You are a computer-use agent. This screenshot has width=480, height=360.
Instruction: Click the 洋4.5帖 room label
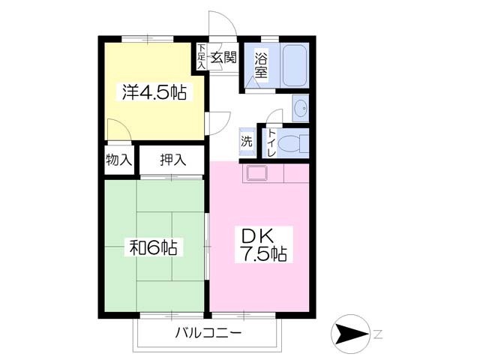pyautogui.click(x=154, y=93)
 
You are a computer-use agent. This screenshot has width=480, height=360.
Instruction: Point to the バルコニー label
pyautogui.click(x=208, y=332)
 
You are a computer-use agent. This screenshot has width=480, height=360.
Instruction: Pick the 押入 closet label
pyautogui.click(x=172, y=159)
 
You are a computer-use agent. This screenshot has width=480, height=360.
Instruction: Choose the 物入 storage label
pyautogui.click(x=118, y=159)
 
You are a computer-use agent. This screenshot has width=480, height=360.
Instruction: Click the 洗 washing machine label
pyautogui.click(x=246, y=139)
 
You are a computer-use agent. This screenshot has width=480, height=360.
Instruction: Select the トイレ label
pyautogui.click(x=271, y=141)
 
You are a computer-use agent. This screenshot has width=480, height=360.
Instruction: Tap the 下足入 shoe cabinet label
pyautogui.click(x=201, y=56)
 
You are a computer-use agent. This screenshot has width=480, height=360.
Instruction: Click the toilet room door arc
pyautogui.click(x=273, y=114)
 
